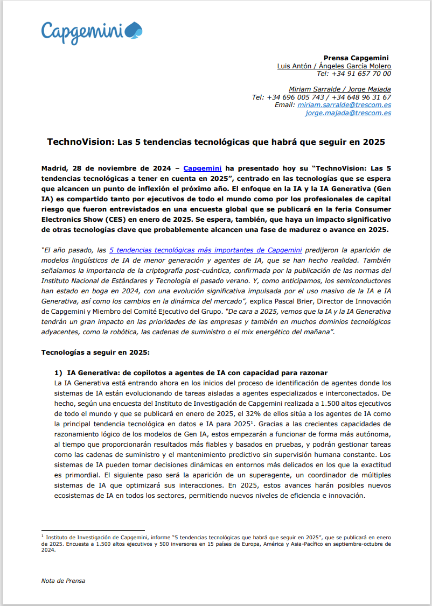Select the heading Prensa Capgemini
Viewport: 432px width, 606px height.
(x=356, y=58)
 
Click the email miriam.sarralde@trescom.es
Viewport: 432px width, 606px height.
(x=344, y=105)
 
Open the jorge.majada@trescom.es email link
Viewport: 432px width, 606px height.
(x=348, y=113)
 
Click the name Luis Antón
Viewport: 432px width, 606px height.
(x=294, y=66)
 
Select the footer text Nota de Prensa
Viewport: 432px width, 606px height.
(x=63, y=581)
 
